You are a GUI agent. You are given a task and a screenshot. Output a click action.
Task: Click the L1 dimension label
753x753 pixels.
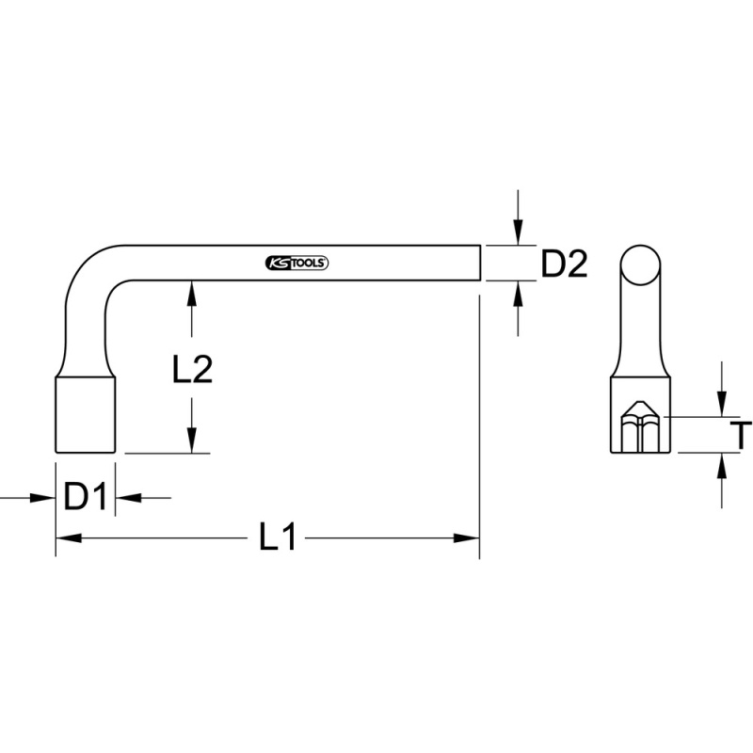[x=278, y=537]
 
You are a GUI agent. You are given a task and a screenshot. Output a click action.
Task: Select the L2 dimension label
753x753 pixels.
[x=192, y=369]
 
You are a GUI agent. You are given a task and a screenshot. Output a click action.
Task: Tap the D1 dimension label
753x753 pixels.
[x=86, y=497]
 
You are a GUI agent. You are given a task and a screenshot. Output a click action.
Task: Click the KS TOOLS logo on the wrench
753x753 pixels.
[x=296, y=264]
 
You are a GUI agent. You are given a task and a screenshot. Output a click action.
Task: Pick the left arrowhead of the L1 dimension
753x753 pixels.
[x=68, y=538]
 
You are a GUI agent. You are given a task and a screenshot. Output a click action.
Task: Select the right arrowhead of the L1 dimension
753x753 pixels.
[x=467, y=538]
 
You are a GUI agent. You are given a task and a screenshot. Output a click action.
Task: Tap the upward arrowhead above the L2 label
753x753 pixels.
[x=192, y=293]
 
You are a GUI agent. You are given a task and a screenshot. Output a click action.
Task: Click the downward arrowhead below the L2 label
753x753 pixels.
[x=192, y=440]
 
